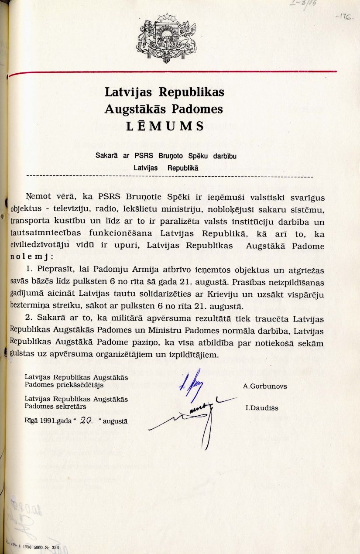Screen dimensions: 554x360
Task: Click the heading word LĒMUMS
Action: pos(165,127)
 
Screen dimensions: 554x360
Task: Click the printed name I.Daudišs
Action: pos(262,408)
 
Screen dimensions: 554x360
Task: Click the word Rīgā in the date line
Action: pos(31,422)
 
